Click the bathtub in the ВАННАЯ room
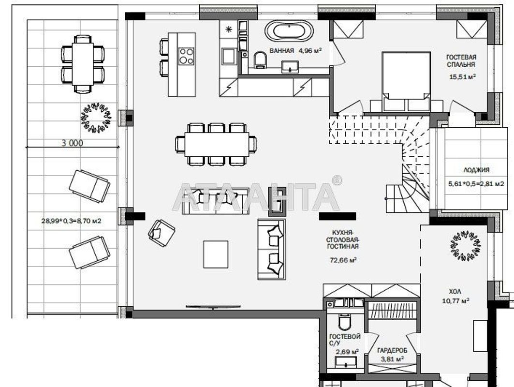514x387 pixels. [x=289, y=31]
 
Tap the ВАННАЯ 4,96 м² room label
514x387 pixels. [x=295, y=50]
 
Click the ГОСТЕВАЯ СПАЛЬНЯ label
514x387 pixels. [x=461, y=61]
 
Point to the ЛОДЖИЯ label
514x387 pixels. [x=476, y=170]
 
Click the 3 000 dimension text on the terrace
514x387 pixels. [x=73, y=143]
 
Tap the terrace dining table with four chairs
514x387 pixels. [x=83, y=64]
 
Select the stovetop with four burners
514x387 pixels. [x=186, y=56]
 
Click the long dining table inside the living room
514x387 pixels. [x=217, y=144]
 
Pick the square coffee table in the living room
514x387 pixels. [x=216, y=254]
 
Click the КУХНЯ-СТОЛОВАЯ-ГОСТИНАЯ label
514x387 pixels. [x=342, y=239]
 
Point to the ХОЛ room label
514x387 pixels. [x=455, y=291]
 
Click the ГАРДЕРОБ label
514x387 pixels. [x=392, y=351]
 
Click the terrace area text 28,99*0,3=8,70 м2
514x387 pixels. [x=71, y=221]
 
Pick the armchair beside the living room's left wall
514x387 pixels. [x=162, y=233]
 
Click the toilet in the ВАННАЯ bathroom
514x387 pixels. [x=260, y=60]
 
